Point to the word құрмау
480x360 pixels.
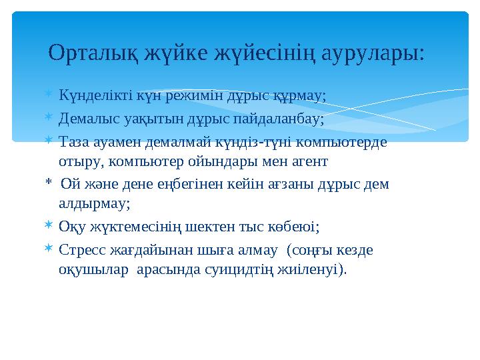[x=299, y=97]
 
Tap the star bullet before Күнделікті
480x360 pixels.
[x=48, y=96]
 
